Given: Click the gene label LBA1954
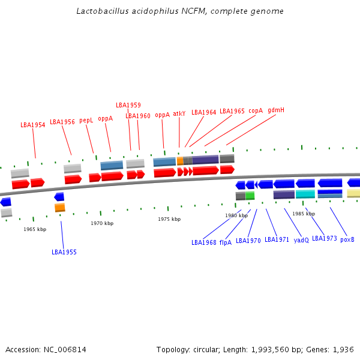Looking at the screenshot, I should (33, 125).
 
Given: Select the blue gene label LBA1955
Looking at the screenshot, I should (64, 252).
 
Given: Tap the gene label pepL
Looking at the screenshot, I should (86, 121).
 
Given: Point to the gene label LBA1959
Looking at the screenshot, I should (128, 105).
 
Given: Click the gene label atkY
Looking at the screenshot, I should (179, 113).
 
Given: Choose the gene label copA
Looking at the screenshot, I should (256, 110).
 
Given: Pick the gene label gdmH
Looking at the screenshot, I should (276, 110).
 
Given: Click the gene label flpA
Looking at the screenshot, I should (225, 242).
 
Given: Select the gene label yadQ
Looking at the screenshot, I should (301, 240).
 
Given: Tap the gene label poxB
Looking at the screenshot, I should (347, 239).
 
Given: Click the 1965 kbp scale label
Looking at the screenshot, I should (35, 229).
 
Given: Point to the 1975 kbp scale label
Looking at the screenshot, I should (169, 219).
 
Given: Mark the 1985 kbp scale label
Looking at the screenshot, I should (303, 214).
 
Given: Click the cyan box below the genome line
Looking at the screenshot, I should (305, 194).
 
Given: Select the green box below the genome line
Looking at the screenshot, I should (250, 196).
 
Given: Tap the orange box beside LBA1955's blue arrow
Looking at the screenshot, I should (60, 208).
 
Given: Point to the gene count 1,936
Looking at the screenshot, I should (342, 349).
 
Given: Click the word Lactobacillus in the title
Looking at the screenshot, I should (103, 11).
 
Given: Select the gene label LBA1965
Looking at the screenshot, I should (232, 111).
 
